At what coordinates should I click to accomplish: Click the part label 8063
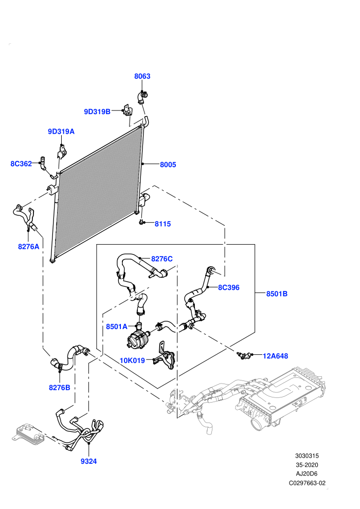[142, 76]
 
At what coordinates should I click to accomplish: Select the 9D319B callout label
[97, 112]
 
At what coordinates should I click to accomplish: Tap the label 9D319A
[61, 132]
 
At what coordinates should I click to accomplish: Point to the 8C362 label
[21, 163]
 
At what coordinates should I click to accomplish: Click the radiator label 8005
[168, 165]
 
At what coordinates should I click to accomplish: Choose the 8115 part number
[163, 224]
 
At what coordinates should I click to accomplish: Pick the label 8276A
[29, 247]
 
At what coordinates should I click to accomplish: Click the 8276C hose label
[161, 259]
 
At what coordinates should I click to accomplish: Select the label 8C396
[228, 287]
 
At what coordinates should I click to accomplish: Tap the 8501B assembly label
[277, 294]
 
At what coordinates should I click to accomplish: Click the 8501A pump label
[117, 326]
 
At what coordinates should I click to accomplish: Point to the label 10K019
[132, 360]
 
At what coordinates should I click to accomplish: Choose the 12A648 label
[275, 356]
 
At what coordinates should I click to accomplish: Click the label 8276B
[60, 388]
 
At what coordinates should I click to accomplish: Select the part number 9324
[88, 461]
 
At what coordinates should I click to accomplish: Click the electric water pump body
[138, 339]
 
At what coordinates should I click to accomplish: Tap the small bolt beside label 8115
[141, 222]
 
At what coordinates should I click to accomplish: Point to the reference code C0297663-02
[307, 483]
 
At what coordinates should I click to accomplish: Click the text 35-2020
[307, 465]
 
